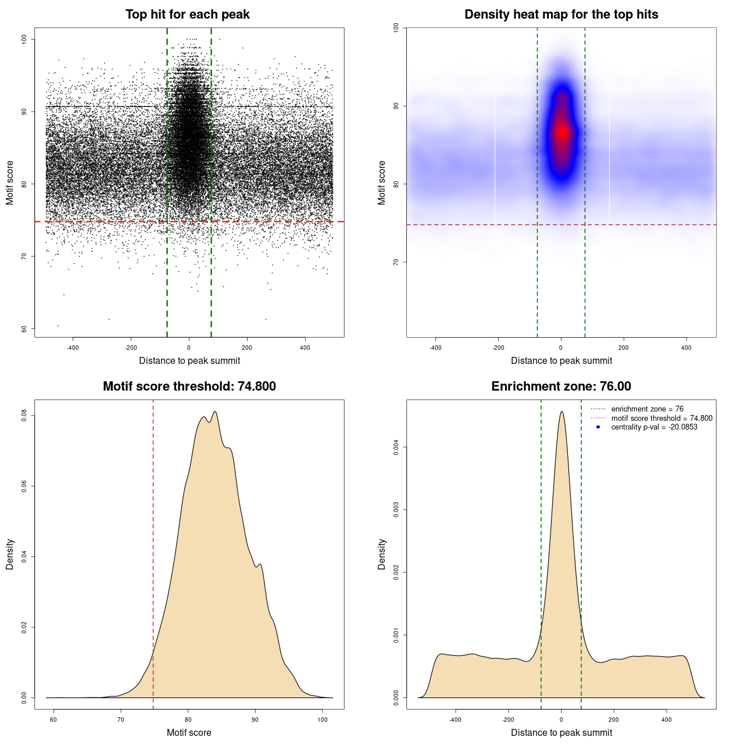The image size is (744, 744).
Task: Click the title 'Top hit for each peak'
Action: (x=187, y=15)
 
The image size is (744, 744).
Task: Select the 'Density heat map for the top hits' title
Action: (x=561, y=15)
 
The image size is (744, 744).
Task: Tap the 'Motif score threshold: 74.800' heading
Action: (x=189, y=387)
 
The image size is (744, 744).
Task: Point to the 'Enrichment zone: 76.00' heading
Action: (x=561, y=387)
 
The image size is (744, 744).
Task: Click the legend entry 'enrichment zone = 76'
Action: (x=647, y=409)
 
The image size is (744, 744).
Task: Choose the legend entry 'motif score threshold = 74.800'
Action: (x=661, y=418)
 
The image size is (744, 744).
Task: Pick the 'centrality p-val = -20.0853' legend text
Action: (x=654, y=427)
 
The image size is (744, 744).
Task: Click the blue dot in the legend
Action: (x=598, y=427)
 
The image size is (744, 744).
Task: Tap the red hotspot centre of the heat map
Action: (x=561, y=133)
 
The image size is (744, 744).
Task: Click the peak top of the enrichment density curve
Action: (x=561, y=412)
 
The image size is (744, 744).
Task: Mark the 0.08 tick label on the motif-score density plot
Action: (x=24, y=416)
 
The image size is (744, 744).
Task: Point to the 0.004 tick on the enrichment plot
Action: (x=396, y=447)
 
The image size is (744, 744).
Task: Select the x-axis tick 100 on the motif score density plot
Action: (x=323, y=720)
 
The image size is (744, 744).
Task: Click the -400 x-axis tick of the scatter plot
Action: (x=73, y=348)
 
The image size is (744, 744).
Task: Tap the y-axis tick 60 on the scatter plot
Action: (x=24, y=329)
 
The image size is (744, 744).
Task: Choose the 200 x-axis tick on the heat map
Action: (x=624, y=348)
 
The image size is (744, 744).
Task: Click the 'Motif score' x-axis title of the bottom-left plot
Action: (x=189, y=732)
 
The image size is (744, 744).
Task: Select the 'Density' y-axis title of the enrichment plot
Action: (x=382, y=554)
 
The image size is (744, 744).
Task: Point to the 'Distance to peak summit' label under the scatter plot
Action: (x=189, y=360)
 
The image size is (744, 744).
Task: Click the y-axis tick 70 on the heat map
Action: (x=396, y=262)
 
